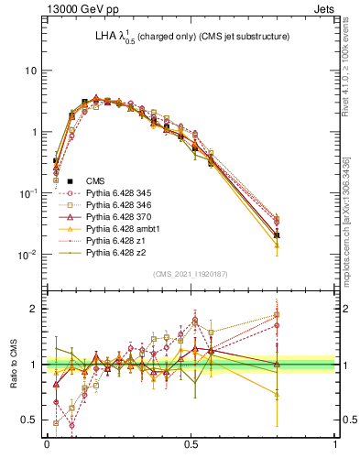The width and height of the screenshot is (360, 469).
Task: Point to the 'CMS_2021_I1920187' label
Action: click(190, 274)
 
